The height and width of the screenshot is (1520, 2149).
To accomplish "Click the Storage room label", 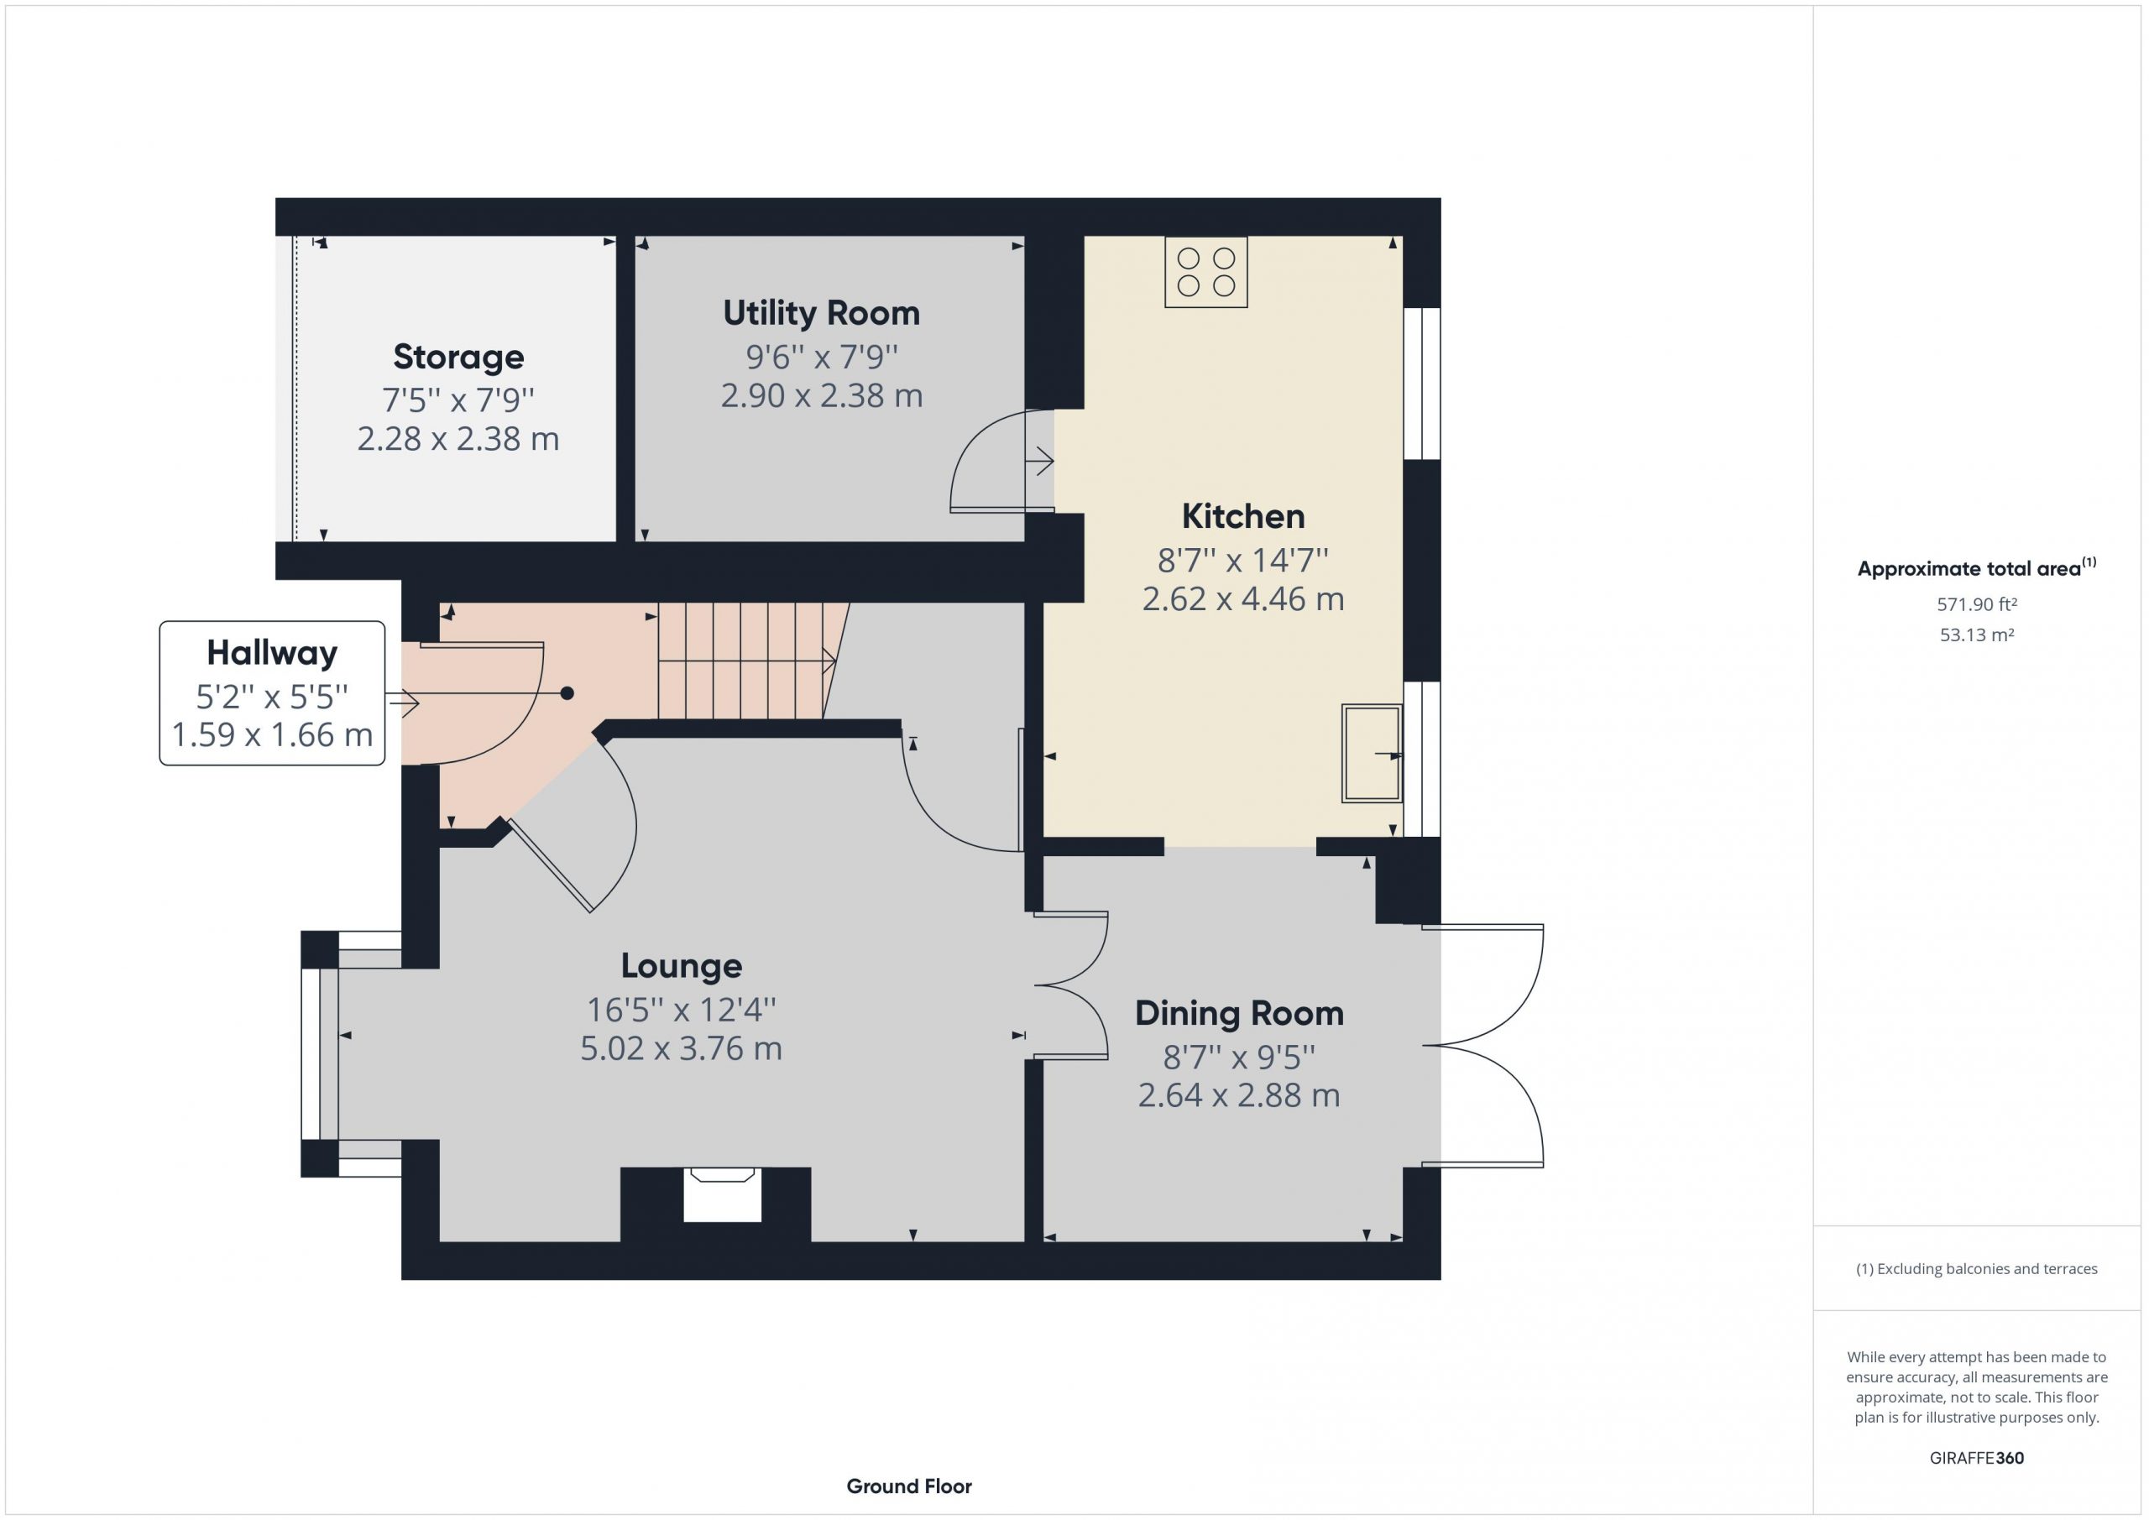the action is click(458, 357).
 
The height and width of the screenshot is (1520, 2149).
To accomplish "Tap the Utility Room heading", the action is click(822, 312).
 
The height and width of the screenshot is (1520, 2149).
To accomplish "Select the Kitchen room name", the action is click(1243, 515).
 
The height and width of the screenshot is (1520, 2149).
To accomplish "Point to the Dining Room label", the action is click(1239, 1013).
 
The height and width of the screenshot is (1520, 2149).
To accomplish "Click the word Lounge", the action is click(682, 966).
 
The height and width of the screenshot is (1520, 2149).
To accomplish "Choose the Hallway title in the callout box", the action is click(272, 652).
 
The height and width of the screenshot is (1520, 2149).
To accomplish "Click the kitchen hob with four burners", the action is click(1205, 273).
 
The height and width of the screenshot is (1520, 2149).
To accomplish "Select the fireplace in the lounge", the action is click(722, 1194).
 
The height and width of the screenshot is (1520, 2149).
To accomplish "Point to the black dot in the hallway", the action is click(567, 693).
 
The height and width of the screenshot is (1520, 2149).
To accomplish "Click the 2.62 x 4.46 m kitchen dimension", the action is click(1243, 599).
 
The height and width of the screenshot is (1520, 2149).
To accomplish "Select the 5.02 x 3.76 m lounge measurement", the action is click(682, 1048).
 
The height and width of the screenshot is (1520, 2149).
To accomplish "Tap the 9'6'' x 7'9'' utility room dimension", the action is click(822, 357).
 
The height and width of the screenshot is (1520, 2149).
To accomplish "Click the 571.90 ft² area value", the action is click(1977, 604).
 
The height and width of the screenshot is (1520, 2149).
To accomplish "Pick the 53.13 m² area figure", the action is click(1977, 635).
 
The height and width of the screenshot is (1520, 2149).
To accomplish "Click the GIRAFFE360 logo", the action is click(1977, 1457).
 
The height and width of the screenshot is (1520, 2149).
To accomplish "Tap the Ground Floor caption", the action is click(909, 1486).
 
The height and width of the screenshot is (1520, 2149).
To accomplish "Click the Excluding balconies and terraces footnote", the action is click(1977, 1269).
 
